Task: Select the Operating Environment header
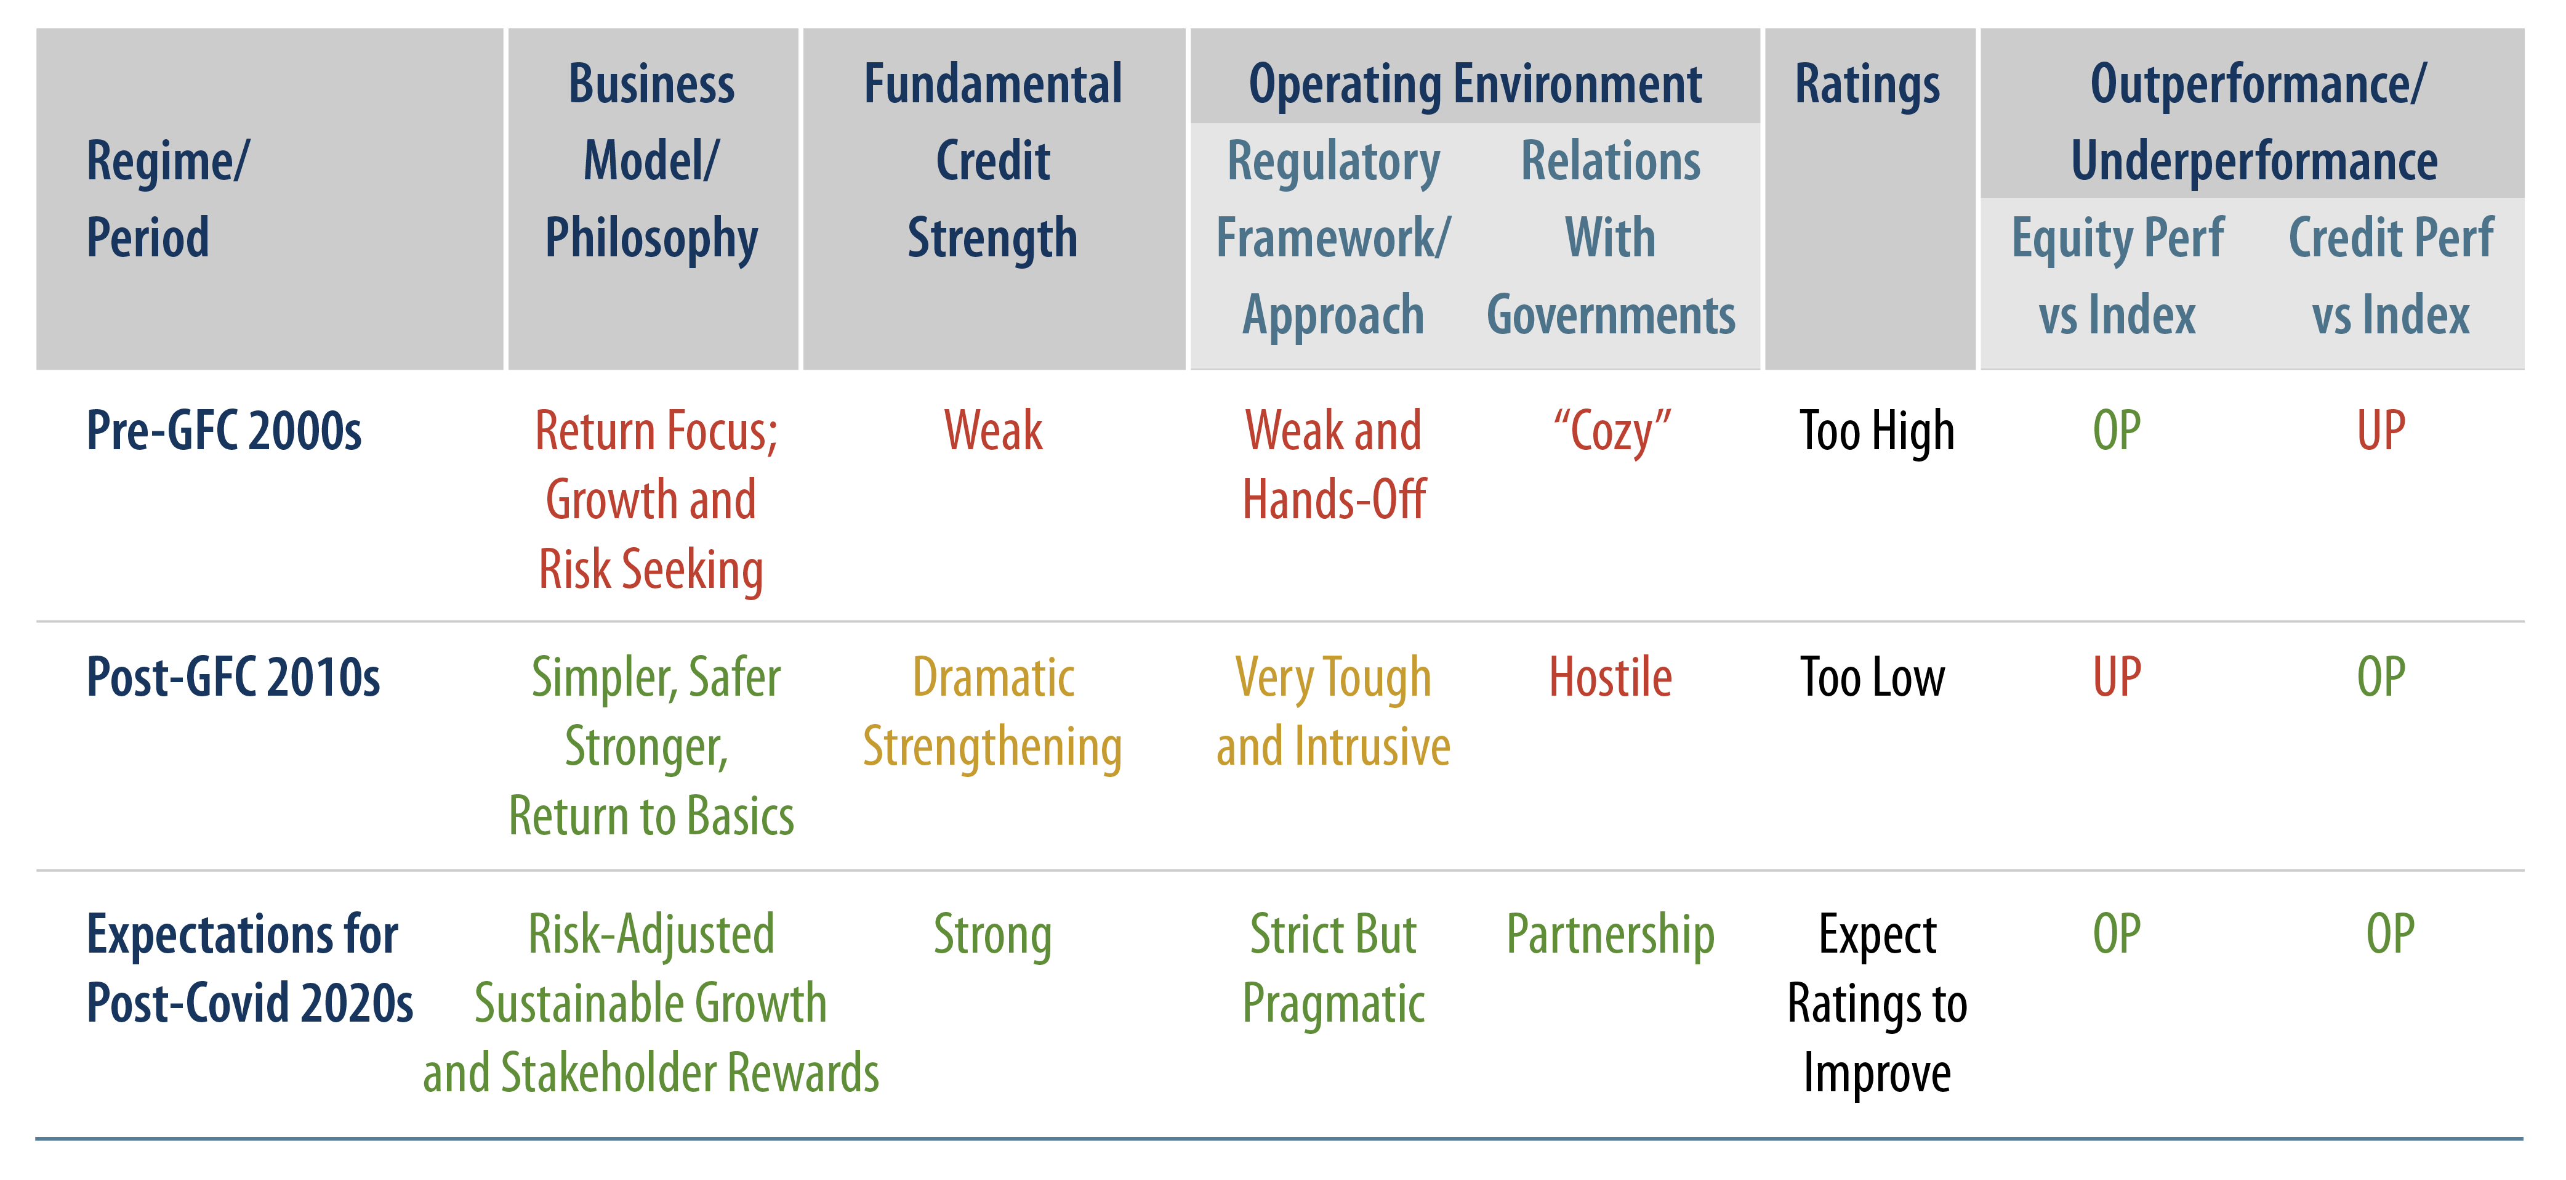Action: pyautogui.click(x=1475, y=84)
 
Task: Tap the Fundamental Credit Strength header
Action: pyautogui.click(x=993, y=161)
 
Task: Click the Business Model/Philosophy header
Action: pyautogui.click(x=651, y=161)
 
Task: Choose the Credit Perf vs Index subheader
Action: pyautogui.click(x=2391, y=277)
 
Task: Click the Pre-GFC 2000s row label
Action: pyautogui.click(x=224, y=431)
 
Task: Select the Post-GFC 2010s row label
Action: pyautogui.click(x=233, y=678)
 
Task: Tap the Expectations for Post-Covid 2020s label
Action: pyautogui.click(x=249, y=969)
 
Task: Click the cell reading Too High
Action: pyautogui.click(x=1876, y=431)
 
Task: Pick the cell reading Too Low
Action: pyautogui.click(x=1872, y=678)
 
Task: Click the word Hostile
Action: pyautogui.click(x=1610, y=678)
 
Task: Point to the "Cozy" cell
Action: pyautogui.click(x=1611, y=431)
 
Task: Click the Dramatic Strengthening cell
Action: pyautogui.click(x=992, y=712)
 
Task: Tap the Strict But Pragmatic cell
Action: pyautogui.click(x=1333, y=969)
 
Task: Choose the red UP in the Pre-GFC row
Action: pyautogui.click(x=2381, y=431)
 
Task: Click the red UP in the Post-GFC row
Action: pyautogui.click(x=2117, y=678)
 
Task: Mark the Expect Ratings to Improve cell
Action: pyautogui.click(x=1876, y=1004)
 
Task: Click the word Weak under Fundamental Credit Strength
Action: pyautogui.click(x=993, y=431)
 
